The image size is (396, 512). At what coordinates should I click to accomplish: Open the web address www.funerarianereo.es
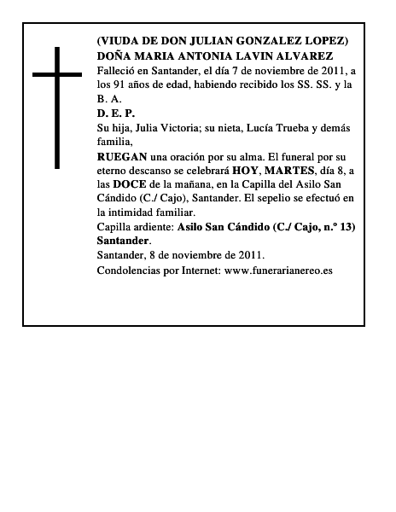[278, 271]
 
